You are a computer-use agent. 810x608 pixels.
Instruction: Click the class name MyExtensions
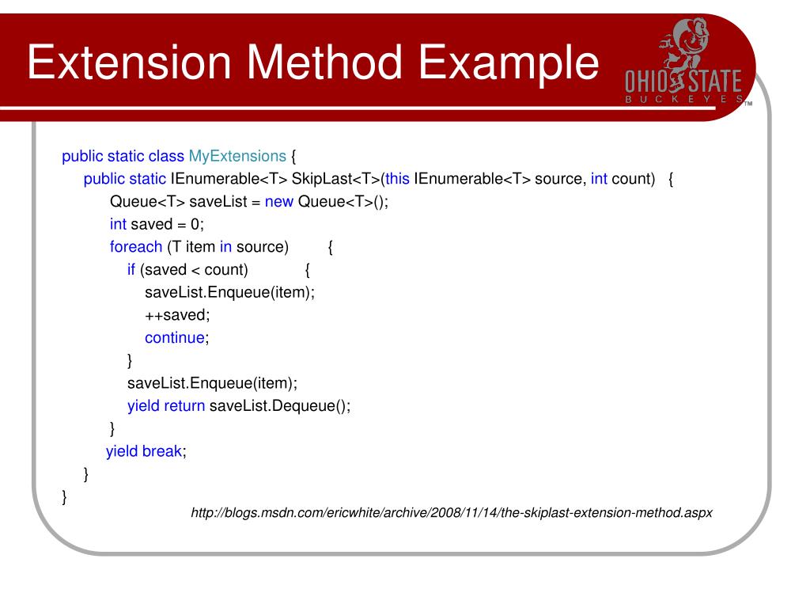(x=237, y=156)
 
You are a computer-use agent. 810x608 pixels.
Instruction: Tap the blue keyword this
(x=397, y=179)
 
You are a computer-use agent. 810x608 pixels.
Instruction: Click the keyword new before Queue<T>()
(x=279, y=201)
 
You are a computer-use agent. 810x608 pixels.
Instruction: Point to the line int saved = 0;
(x=157, y=224)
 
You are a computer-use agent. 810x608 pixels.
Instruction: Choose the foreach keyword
(x=136, y=247)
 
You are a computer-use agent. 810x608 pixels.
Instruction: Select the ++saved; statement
(x=177, y=315)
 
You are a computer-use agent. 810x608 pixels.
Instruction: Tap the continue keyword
(x=174, y=338)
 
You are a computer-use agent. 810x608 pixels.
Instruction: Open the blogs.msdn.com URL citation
(x=452, y=513)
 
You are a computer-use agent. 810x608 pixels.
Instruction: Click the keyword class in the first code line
(x=166, y=156)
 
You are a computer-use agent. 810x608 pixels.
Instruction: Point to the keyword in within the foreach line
(x=225, y=247)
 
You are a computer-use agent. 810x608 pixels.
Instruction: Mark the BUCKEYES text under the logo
(x=683, y=100)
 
